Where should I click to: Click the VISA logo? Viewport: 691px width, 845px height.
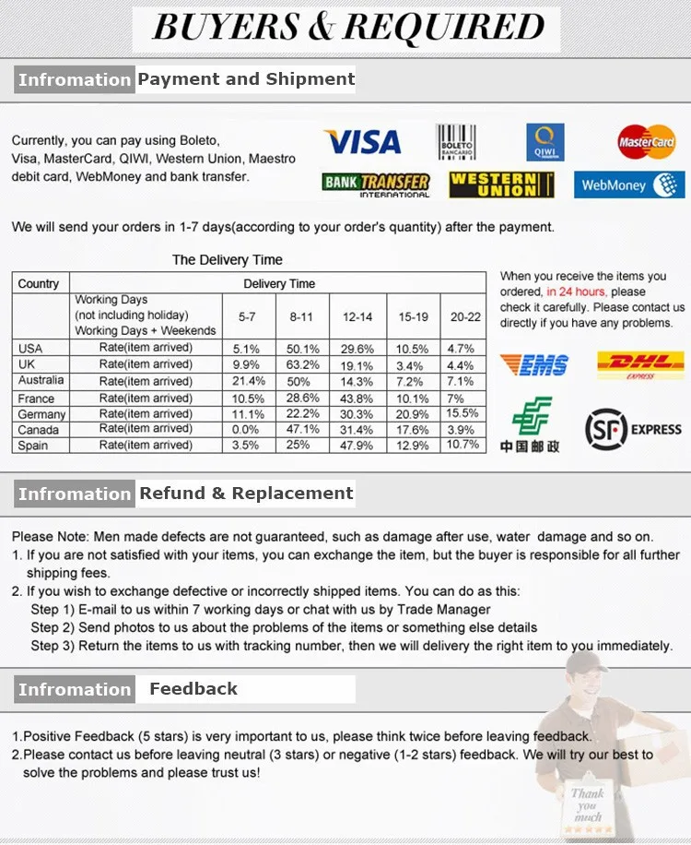[362, 142]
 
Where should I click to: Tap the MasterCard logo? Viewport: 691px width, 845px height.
[647, 142]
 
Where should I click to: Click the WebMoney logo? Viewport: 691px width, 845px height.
[629, 184]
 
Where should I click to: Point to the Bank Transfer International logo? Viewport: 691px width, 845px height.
[376, 184]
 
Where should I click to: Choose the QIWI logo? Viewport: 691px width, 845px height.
[545, 142]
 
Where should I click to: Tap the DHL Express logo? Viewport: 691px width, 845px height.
[640, 364]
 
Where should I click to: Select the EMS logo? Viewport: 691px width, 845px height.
[533, 364]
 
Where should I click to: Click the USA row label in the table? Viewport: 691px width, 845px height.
[30, 348]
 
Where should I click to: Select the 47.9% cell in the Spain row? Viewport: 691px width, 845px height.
[357, 445]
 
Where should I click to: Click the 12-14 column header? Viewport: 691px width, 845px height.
[357, 316]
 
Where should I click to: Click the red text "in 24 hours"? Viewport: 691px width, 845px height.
[578, 292]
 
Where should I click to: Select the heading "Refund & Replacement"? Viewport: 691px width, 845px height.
[246, 494]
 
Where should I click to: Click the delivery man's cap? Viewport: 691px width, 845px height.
[588, 661]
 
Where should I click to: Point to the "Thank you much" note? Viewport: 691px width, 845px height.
[587, 804]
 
